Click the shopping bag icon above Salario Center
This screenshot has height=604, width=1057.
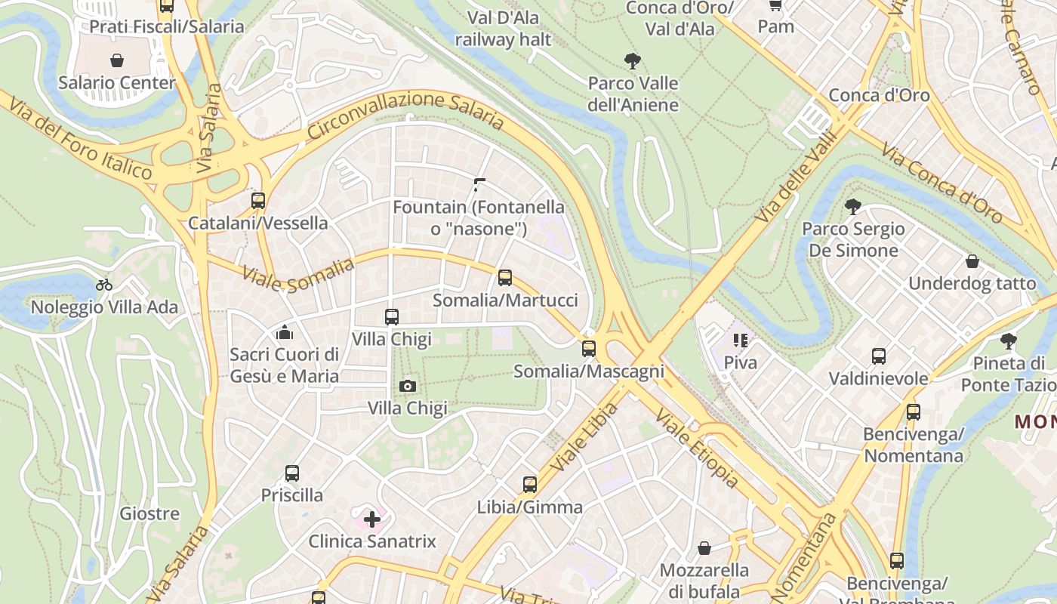pyautogui.click(x=117, y=60)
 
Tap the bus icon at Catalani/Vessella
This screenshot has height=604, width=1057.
pyautogui.click(x=258, y=201)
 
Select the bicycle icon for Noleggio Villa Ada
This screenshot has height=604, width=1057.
pyautogui.click(x=104, y=285)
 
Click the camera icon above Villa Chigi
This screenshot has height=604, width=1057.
pyautogui.click(x=408, y=387)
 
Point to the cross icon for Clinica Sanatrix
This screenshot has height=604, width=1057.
pyautogui.click(x=372, y=519)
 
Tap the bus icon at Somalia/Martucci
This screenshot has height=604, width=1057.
pyautogui.click(x=505, y=278)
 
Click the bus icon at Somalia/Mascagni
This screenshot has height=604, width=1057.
pyautogui.click(x=589, y=349)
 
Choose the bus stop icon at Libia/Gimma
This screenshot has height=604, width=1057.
pyautogui.click(x=530, y=485)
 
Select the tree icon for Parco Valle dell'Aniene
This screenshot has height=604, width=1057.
pyautogui.click(x=633, y=61)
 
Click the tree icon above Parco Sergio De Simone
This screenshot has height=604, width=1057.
pyautogui.click(x=853, y=206)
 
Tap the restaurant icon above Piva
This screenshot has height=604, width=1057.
pyautogui.click(x=740, y=341)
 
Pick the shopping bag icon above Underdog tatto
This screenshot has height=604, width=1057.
pyautogui.click(x=972, y=261)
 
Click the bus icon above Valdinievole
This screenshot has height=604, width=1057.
pyautogui.click(x=879, y=356)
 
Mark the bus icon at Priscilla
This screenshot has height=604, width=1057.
pyautogui.click(x=292, y=473)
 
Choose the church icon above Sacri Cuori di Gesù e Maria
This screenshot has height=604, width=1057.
pyautogui.click(x=285, y=331)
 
